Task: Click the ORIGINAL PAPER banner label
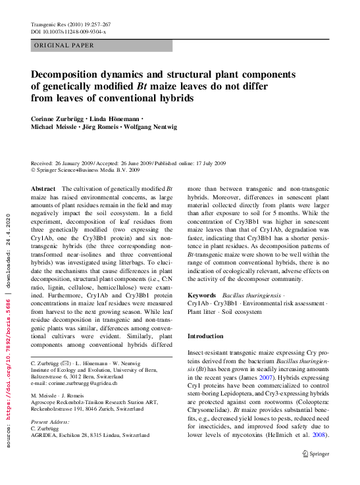pyautogui.click(x=63, y=45)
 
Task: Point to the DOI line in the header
pyautogui.click(x=68, y=32)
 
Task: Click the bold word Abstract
pyautogui.click(x=43, y=188)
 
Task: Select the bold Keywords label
pyautogui.click(x=202, y=296)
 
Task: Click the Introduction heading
pyautogui.click(x=205, y=336)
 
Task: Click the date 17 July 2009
pyautogui.click(x=205, y=163)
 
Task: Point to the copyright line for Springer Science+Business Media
pyautogui.click(x=86, y=170)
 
